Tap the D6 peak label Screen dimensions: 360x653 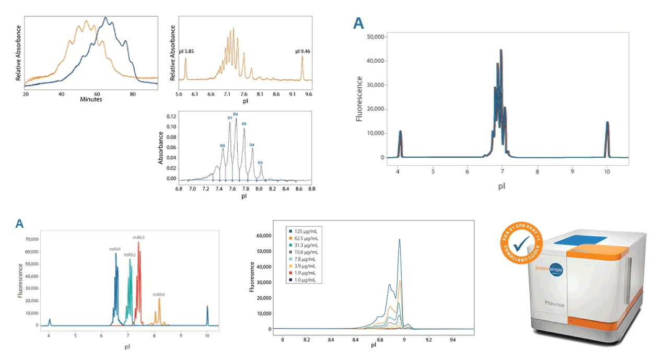point(236,114)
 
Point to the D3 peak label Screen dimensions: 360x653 point(260,162)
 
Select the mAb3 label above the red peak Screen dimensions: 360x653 point(138,237)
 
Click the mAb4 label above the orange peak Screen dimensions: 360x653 point(159,295)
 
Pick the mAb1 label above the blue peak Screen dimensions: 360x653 point(115,249)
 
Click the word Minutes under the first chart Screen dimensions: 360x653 point(91,99)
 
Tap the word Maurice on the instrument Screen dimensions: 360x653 point(554,304)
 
